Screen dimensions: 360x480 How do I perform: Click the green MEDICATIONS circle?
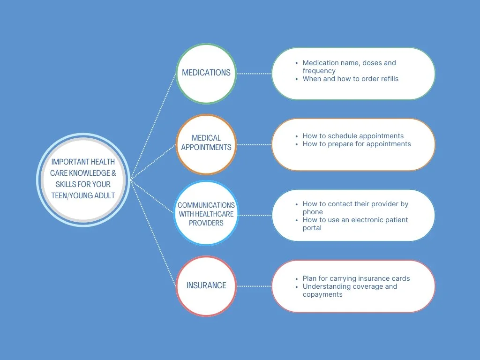pyautogui.click(x=206, y=73)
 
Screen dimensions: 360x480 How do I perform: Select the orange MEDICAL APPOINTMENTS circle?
pyautogui.click(x=206, y=142)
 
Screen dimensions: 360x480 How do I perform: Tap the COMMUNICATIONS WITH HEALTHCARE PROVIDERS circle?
pyautogui.click(x=206, y=214)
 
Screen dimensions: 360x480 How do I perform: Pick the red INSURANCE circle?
pyautogui.click(x=206, y=285)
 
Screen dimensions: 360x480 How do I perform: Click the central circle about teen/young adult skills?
pyautogui.click(x=83, y=179)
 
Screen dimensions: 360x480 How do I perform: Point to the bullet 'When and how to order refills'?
pyautogui.click(x=351, y=79)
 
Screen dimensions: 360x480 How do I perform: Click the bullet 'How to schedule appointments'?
pyautogui.click(x=353, y=136)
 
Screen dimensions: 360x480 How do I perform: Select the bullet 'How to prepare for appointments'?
pyautogui.click(x=357, y=144)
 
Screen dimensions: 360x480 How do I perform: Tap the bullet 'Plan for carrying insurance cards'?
pyautogui.click(x=356, y=278)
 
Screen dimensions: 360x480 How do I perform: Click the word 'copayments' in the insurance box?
pyautogui.click(x=322, y=294)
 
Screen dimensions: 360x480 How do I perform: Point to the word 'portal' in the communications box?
pyautogui.click(x=312, y=228)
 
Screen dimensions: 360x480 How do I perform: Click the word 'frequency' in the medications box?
pyautogui.click(x=319, y=71)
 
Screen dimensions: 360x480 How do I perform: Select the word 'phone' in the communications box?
pyautogui.click(x=313, y=212)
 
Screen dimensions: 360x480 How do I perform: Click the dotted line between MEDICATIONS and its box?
pyautogui.click(x=254, y=74)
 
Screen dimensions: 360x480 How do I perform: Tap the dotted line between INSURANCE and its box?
pyautogui.click(x=254, y=285)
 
